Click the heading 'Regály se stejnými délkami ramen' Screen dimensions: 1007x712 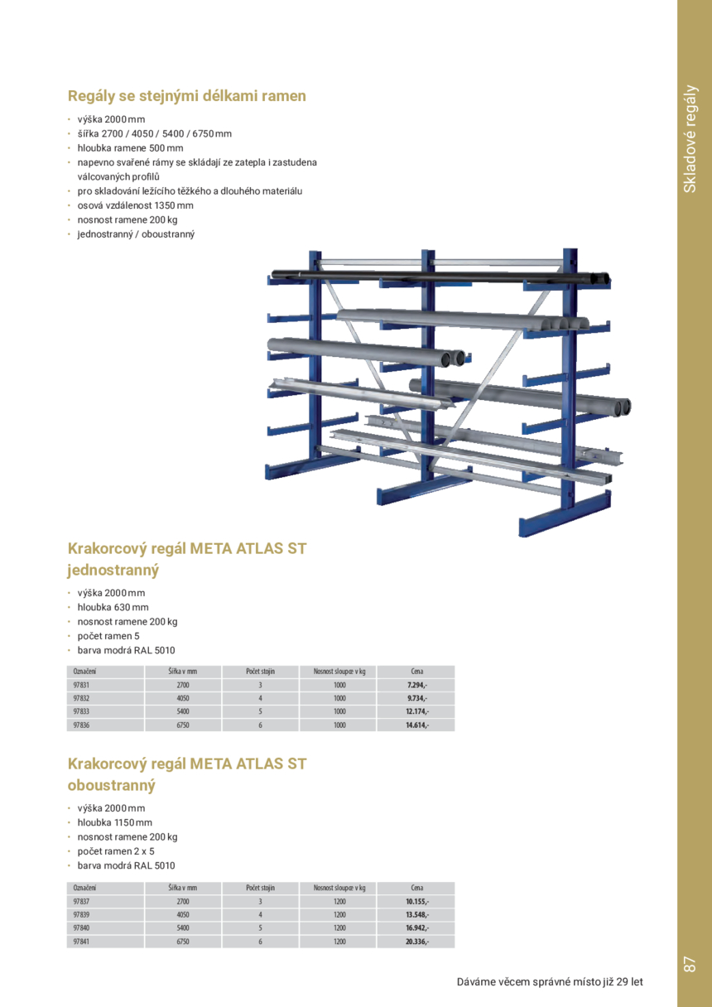(187, 96)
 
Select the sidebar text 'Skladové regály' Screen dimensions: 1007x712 (690, 138)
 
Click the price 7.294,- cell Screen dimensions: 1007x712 (416, 686)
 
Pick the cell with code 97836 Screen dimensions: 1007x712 (81, 725)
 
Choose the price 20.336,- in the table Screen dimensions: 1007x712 (416, 942)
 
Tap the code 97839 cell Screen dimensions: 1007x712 (81, 915)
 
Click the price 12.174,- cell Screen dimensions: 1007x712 (416, 711)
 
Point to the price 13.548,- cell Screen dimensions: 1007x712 (416, 915)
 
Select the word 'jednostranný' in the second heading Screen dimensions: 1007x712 (113, 571)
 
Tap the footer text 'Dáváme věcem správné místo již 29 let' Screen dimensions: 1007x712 (550, 982)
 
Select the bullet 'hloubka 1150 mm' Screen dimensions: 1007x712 (115, 822)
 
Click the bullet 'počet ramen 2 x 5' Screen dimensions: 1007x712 (116, 851)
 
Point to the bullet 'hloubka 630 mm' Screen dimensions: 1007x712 (113, 607)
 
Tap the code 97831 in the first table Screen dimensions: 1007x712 (81, 686)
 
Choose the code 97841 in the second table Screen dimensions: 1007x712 (81, 942)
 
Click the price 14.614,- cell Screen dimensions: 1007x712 (416, 725)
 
